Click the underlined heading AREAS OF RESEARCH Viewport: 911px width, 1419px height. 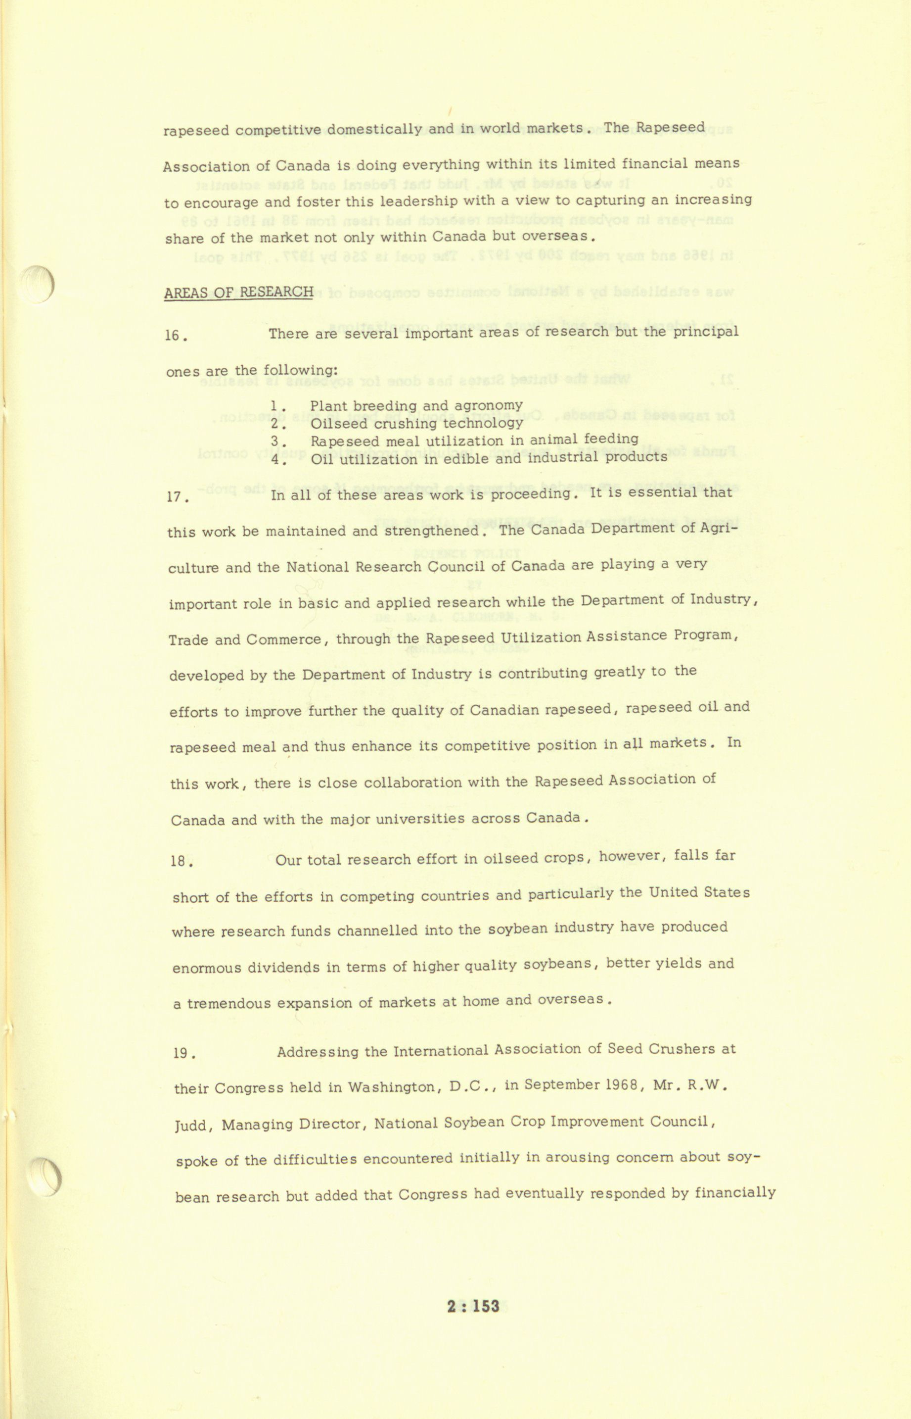[x=238, y=293]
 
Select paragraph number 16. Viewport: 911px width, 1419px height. [x=176, y=336]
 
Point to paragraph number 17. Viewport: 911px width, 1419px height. [x=178, y=497]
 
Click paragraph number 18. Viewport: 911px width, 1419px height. [x=181, y=861]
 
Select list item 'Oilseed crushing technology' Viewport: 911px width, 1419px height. [x=416, y=423]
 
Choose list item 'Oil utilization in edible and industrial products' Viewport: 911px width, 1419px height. [x=489, y=458]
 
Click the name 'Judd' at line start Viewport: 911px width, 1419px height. [x=190, y=1125]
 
